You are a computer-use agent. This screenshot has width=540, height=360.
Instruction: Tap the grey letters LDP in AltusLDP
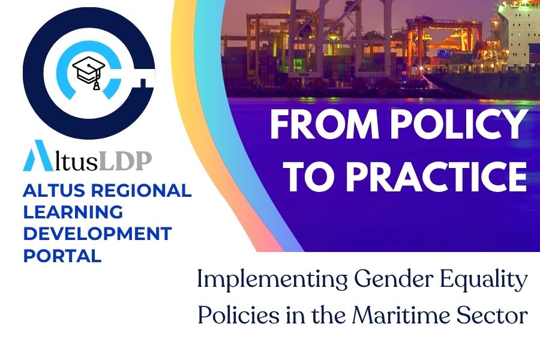pos(125,161)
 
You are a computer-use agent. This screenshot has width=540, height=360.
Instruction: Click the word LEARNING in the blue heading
pos(73,212)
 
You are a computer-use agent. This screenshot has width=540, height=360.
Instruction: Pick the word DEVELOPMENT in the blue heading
pos(97,234)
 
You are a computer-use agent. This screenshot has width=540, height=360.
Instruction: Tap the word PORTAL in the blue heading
pos(62,256)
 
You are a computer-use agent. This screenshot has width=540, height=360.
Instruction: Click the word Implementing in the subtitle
pos(272,280)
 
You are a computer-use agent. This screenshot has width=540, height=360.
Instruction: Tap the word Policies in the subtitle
pos(238,314)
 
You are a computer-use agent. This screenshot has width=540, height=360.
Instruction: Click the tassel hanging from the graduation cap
pos(97,85)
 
